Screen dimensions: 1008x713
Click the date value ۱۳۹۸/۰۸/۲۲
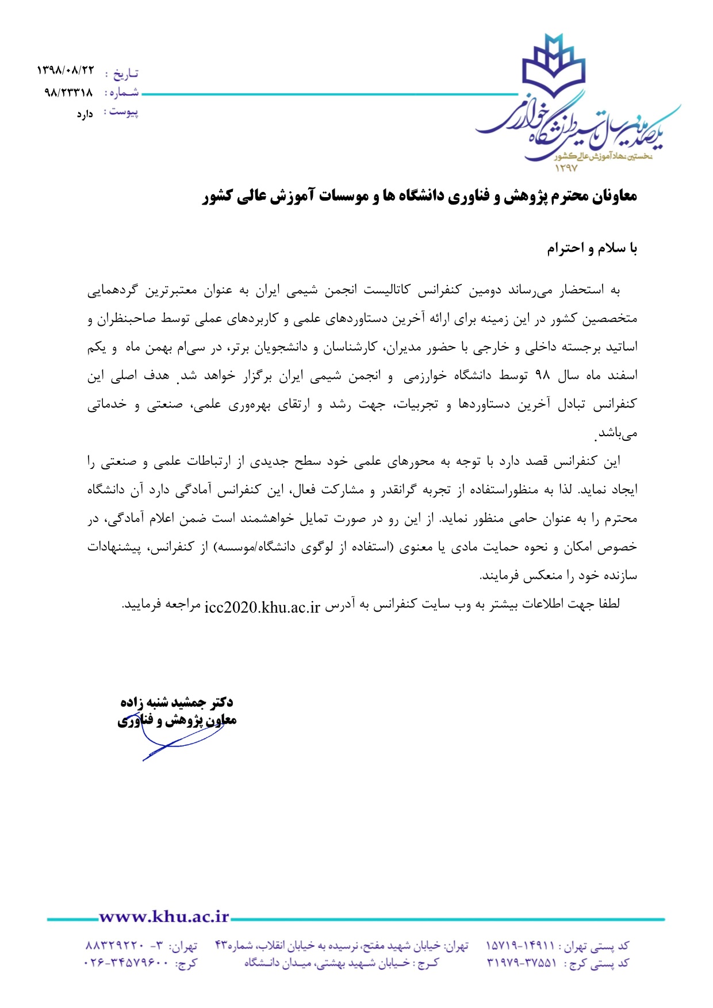(65, 71)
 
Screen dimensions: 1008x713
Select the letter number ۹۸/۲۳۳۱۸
(68, 92)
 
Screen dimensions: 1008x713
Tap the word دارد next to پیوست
(85, 114)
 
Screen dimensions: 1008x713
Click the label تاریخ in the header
(125, 73)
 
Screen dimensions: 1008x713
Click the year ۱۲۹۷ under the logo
(566, 168)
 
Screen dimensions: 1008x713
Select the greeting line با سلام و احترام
(592, 248)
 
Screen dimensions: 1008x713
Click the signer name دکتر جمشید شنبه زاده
(177, 702)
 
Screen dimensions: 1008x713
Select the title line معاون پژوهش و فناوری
(177, 721)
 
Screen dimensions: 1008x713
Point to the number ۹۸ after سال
(543, 376)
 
